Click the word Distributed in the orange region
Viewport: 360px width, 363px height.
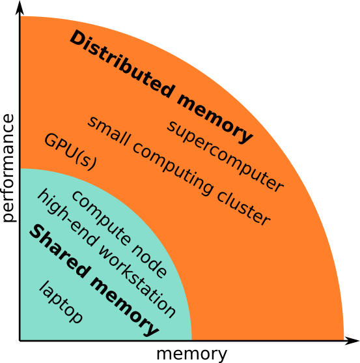click(122, 64)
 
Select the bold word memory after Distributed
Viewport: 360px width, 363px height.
click(215, 119)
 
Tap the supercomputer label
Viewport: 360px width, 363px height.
click(225, 156)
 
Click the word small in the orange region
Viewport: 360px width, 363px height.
click(108, 131)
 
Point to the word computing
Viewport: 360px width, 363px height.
click(173, 169)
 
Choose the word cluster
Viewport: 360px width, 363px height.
click(243, 208)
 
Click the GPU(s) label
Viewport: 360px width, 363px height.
click(70, 152)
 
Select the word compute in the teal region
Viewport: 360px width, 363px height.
click(100, 218)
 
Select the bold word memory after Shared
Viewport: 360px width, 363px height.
click(124, 306)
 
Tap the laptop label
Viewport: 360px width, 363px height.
click(61, 302)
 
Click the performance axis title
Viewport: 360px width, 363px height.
click(8, 168)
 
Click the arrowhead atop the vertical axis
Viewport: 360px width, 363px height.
click(20, 8)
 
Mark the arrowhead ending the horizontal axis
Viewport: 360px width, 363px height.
click(352, 341)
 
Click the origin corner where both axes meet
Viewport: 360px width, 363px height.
click(20, 341)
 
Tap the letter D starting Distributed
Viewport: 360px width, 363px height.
click(77, 38)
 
